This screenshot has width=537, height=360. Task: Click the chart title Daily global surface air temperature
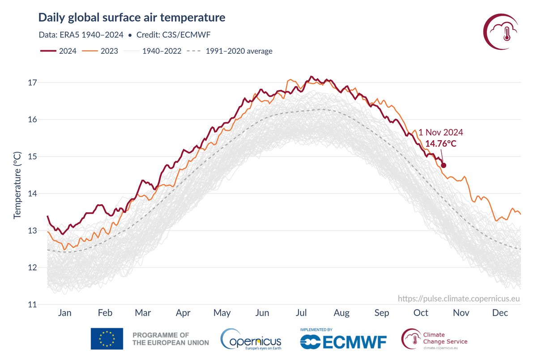click(x=132, y=18)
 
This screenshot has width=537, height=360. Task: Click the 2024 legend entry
click(x=58, y=51)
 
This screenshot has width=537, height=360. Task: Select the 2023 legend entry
click(x=100, y=51)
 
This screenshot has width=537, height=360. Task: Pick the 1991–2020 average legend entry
click(x=230, y=51)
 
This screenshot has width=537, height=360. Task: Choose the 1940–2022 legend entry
click(x=153, y=51)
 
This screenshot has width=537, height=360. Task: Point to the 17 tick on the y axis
click(x=32, y=83)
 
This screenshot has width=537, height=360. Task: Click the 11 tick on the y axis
click(x=32, y=304)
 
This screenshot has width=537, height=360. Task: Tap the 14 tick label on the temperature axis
click(x=32, y=193)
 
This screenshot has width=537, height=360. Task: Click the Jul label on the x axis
click(x=301, y=313)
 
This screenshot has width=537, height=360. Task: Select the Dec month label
click(x=500, y=313)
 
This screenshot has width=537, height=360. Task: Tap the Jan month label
click(x=65, y=313)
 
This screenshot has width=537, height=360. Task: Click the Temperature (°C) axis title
click(x=17, y=185)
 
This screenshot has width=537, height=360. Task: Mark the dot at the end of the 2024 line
click(x=443, y=165)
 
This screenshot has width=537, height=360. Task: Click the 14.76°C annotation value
click(x=441, y=143)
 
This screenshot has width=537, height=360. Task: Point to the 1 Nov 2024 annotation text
click(x=441, y=132)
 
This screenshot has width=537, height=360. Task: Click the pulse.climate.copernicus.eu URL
click(x=459, y=299)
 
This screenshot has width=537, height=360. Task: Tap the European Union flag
click(x=107, y=339)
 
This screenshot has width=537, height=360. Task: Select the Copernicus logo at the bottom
click(x=251, y=339)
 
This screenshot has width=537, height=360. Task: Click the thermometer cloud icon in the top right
click(x=500, y=32)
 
